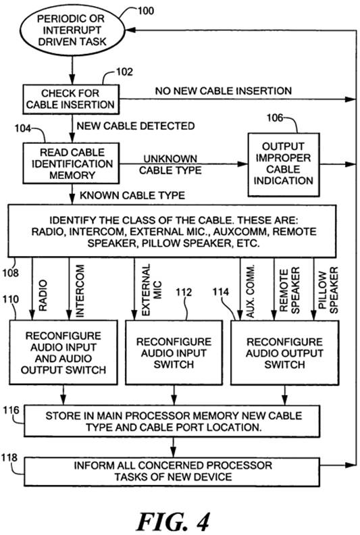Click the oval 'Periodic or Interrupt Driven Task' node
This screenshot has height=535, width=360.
pyautogui.click(x=72, y=30)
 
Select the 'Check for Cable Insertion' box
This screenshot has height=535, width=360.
pyautogui.click(x=71, y=99)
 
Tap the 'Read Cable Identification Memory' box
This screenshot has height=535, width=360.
pyautogui.click(x=71, y=163)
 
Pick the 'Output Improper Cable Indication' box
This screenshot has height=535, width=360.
pyautogui.click(x=284, y=164)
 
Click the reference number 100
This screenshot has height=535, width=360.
pyautogui.click(x=145, y=11)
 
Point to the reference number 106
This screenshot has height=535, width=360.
pyautogui.click(x=275, y=118)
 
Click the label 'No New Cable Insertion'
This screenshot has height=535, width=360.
pyautogui.click(x=224, y=91)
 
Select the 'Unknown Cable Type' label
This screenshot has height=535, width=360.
pyautogui.click(x=170, y=164)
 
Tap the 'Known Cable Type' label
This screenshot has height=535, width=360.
pyautogui.click(x=132, y=195)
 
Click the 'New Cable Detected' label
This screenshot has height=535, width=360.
pyautogui.click(x=136, y=126)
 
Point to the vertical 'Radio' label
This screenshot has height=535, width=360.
pyautogui.click(x=43, y=296)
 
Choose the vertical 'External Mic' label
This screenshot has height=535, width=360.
pyautogui.click(x=151, y=290)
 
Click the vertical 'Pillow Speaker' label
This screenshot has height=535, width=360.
pyautogui.click(x=328, y=290)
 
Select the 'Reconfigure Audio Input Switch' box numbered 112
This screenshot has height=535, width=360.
pyautogui.click(x=174, y=353)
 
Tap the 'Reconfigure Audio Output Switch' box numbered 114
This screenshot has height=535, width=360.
pyautogui.click(x=285, y=353)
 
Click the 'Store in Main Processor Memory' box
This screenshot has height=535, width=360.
pyautogui.click(x=172, y=421)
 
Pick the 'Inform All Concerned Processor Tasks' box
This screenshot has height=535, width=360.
pyautogui.click(x=172, y=472)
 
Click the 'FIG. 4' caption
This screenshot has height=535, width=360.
pyautogui.click(x=173, y=521)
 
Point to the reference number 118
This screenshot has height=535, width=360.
pyautogui.click(x=9, y=457)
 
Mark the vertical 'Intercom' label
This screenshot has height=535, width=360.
pyautogui.click(x=80, y=291)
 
